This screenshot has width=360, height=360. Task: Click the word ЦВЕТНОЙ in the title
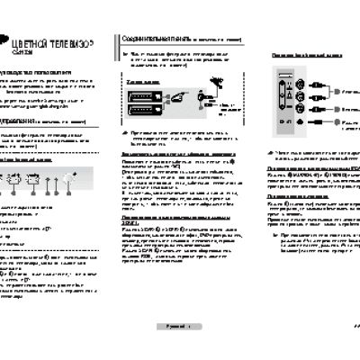click(x=31, y=42)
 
